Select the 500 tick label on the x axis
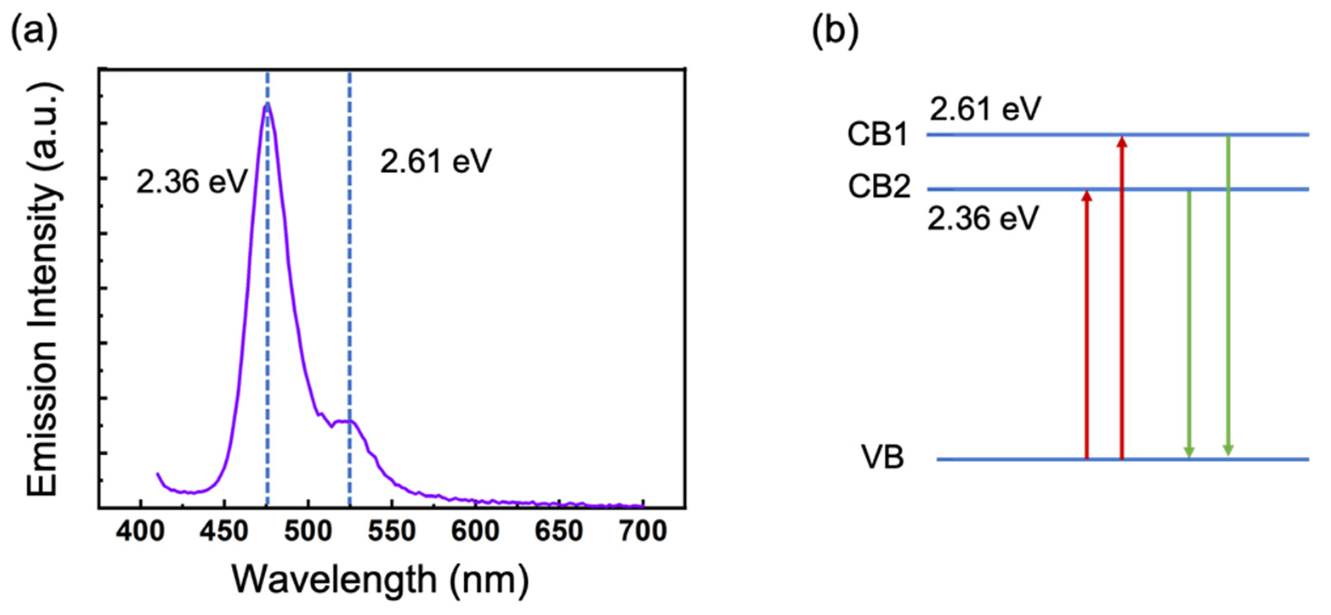click(308, 531)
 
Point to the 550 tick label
click(392, 531)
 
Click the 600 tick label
click(475, 531)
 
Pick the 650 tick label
click(559, 531)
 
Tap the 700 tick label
click(643, 531)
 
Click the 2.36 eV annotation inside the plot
click(192, 182)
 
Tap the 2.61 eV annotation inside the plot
click(436, 162)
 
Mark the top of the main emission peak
click(267, 104)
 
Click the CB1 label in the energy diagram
click(878, 135)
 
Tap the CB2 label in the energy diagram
click(879, 186)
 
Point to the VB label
click(883, 457)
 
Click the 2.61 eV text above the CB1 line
click(985, 110)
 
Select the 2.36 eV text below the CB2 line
click(983, 219)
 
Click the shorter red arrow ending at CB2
click(1087, 325)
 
